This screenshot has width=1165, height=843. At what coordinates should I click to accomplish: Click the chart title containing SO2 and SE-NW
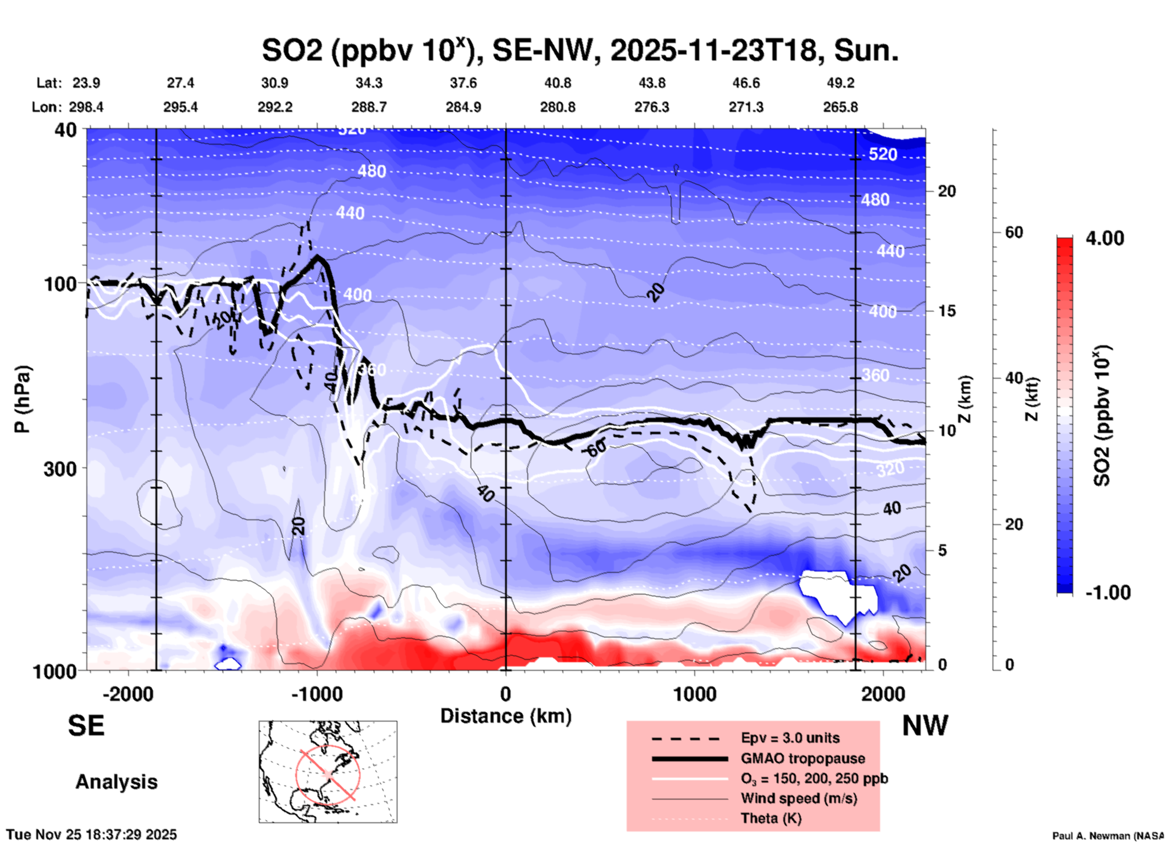click(x=579, y=51)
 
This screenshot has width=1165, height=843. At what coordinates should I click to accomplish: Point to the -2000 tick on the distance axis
click(x=128, y=694)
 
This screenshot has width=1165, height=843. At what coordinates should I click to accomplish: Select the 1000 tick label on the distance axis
click(x=694, y=694)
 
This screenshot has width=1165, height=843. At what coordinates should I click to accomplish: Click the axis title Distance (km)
click(x=506, y=716)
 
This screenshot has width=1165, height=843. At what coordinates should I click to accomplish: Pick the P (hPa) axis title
click(x=22, y=399)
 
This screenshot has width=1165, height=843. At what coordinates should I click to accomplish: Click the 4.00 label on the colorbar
click(x=1105, y=238)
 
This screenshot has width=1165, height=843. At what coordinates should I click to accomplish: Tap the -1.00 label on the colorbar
click(x=1108, y=593)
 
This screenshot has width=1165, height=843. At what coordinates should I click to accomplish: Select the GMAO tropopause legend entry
click(x=803, y=758)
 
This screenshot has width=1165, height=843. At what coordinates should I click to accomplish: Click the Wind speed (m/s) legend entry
click(x=798, y=798)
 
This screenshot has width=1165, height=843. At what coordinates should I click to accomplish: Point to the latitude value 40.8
click(x=557, y=83)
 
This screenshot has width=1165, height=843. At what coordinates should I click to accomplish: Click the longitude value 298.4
click(x=86, y=107)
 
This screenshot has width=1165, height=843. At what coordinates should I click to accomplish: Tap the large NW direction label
click(x=925, y=726)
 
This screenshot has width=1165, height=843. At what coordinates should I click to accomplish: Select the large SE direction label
click(x=86, y=726)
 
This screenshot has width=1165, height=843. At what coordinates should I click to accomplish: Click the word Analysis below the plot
click(x=116, y=782)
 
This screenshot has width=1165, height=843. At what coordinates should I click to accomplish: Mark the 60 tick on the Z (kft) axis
click(x=1014, y=232)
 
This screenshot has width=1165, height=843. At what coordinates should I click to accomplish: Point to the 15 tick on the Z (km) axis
click(x=947, y=311)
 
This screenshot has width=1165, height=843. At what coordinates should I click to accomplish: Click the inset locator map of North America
click(x=328, y=771)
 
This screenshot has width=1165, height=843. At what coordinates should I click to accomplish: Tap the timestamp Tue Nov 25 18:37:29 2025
click(x=92, y=835)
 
